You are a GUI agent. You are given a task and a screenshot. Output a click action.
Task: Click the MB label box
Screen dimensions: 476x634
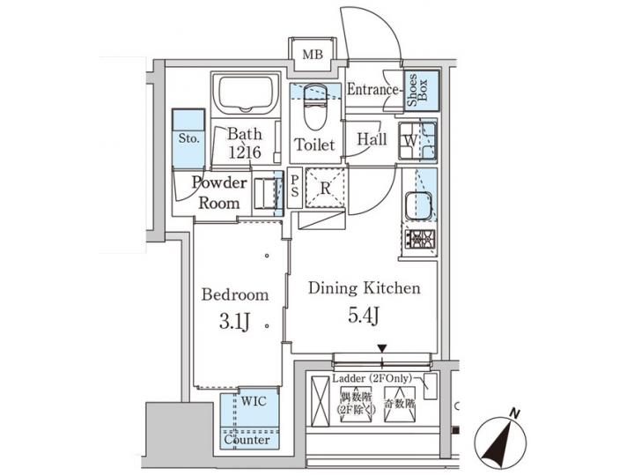pos(313,56)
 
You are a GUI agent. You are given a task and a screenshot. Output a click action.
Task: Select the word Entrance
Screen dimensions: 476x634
pos(374,90)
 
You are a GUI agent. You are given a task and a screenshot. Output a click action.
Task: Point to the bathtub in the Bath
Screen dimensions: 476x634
pos(245,95)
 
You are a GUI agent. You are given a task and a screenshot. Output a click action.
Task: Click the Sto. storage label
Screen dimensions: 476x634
pos(188,138)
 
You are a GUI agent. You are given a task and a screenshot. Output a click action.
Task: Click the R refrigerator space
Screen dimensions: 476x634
pos(324,188)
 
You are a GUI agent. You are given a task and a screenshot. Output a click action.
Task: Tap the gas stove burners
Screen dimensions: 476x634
pos(419,239)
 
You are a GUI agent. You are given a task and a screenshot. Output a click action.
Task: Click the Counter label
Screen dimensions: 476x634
pos(247,439)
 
